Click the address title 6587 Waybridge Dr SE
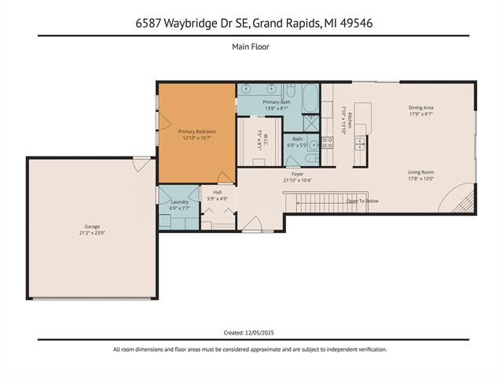click(251, 24)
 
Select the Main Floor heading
click(251, 47)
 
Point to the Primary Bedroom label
click(196, 131)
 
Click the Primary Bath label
click(277, 102)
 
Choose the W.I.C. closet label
click(260, 142)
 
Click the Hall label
click(217, 193)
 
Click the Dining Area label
click(420, 108)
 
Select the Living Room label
click(420, 172)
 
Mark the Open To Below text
click(362, 201)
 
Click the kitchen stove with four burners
click(327, 142)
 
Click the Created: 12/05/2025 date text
click(251, 333)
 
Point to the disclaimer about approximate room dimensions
click(251, 349)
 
